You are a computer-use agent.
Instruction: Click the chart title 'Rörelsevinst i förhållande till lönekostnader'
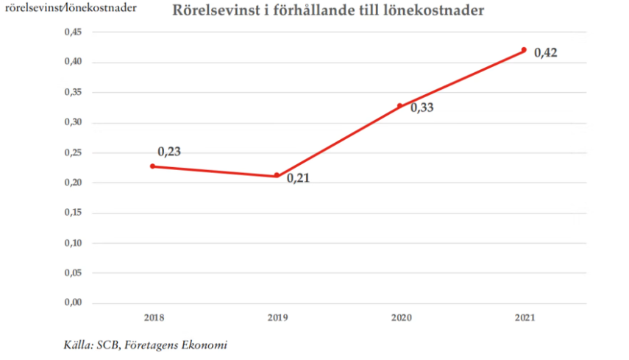(x=319, y=11)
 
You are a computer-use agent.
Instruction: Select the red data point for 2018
(x=152, y=166)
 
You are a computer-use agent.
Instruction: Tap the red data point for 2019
(x=277, y=175)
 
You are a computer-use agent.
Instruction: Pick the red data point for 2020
(x=400, y=106)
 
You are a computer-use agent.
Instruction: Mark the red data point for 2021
(x=524, y=50)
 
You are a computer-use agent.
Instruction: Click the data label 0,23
(x=169, y=152)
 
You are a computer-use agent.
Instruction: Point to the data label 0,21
(x=298, y=178)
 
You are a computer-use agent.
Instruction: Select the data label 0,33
(x=422, y=108)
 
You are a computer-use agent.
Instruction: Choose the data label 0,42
(x=545, y=53)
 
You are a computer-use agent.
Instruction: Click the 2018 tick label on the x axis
(x=153, y=317)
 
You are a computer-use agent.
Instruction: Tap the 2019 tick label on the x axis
(x=277, y=317)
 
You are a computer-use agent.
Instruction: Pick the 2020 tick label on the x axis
(x=400, y=317)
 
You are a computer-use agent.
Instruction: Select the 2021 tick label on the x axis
(x=524, y=317)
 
